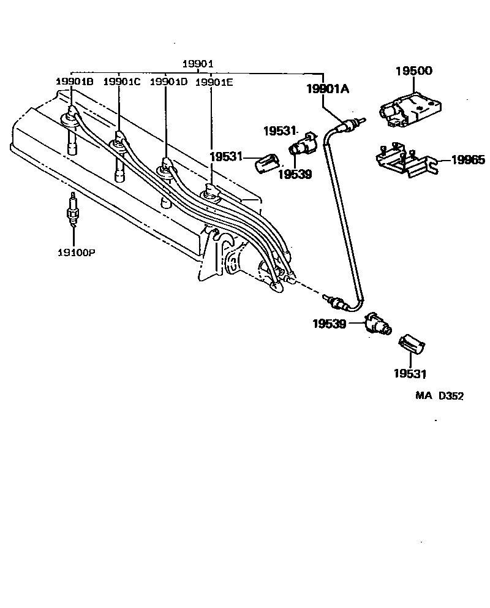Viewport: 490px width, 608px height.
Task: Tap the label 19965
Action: click(x=469, y=161)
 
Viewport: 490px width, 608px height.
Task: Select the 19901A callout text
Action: click(x=328, y=89)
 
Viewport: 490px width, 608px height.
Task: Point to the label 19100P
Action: click(x=73, y=251)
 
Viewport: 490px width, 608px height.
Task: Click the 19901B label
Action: click(x=74, y=82)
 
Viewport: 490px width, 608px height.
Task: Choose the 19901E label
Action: click(x=214, y=82)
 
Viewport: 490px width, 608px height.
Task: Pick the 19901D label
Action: click(x=168, y=82)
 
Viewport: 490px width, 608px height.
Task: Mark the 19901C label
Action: click(x=121, y=82)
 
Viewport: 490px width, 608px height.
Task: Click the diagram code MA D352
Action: click(x=440, y=396)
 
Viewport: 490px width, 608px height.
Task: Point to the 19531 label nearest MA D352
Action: click(x=410, y=373)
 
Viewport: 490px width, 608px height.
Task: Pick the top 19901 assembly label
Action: click(x=198, y=64)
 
